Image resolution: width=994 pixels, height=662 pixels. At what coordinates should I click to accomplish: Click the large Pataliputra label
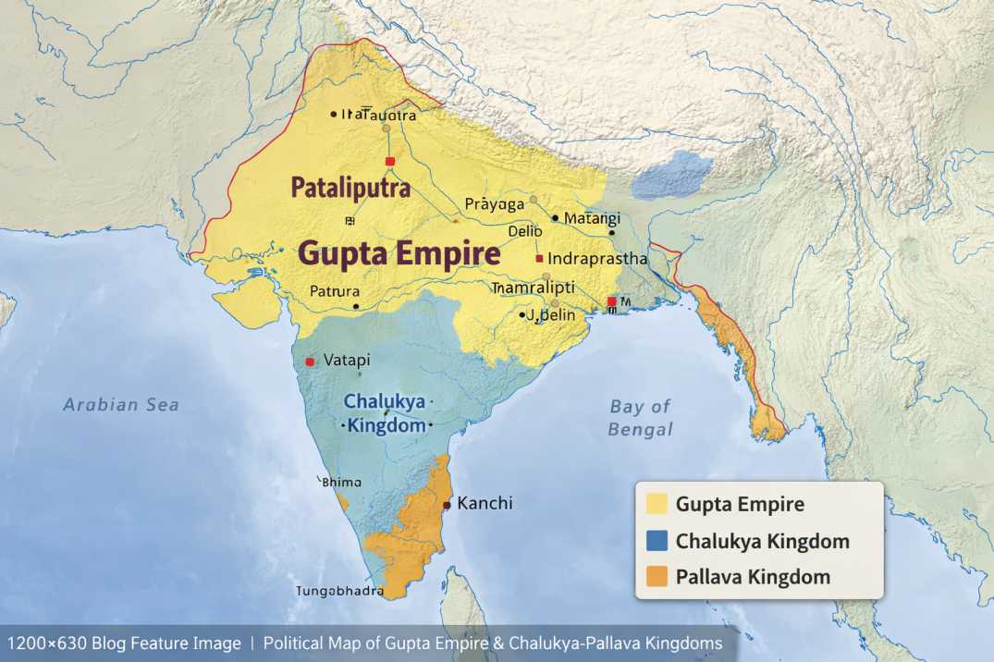(x=350, y=188)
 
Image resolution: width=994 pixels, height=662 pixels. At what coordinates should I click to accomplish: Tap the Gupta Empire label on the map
(x=399, y=254)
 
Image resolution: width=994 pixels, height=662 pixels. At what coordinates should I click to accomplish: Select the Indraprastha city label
(x=597, y=259)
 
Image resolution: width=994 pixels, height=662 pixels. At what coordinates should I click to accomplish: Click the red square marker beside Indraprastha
(x=539, y=259)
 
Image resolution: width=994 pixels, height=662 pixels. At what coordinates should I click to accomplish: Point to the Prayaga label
(x=494, y=203)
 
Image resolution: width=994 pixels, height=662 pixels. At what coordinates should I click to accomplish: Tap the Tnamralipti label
(x=533, y=288)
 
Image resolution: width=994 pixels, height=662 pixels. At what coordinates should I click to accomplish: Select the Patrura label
(x=335, y=291)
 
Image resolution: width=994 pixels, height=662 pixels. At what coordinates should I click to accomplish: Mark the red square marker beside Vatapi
(x=310, y=361)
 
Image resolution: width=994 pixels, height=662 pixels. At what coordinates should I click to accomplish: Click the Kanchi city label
(x=485, y=504)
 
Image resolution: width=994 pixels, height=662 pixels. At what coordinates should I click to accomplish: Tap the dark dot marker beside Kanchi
(x=447, y=505)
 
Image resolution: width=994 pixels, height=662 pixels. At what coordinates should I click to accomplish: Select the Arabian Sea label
(x=121, y=405)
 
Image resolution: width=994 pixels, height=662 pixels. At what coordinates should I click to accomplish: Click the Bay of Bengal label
(x=640, y=418)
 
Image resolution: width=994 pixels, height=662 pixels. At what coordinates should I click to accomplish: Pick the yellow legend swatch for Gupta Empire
(x=657, y=505)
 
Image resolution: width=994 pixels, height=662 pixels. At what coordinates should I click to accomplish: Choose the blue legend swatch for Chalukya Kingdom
(x=657, y=541)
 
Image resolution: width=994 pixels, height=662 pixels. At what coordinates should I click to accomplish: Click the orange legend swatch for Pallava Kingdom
(x=657, y=577)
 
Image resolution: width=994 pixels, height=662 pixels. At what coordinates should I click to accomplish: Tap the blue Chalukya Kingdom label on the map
(x=386, y=413)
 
